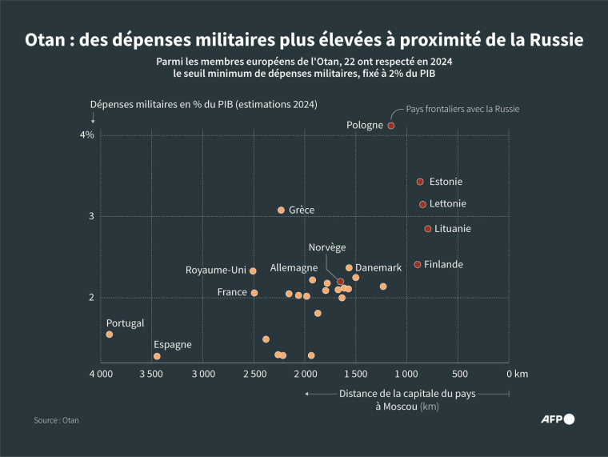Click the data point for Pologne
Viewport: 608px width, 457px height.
[x=391, y=126]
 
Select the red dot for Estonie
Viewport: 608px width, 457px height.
[x=420, y=182]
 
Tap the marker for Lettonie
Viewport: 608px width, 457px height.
[x=423, y=204]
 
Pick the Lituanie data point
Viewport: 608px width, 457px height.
[x=428, y=229]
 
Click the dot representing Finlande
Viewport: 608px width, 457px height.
[x=418, y=264]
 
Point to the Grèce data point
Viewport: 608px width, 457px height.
[x=281, y=210]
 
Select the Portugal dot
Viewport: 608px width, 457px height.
[x=110, y=334]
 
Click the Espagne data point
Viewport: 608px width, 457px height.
[x=157, y=356]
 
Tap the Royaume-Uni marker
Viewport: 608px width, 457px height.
[x=253, y=271]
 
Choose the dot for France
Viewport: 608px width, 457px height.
[x=254, y=293]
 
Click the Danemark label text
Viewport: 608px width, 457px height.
[x=378, y=267]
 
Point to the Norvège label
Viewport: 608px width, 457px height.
[x=327, y=247]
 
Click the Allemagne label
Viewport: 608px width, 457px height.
[x=294, y=267]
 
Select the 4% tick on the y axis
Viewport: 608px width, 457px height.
[x=86, y=135]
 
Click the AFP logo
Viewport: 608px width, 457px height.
[x=558, y=419]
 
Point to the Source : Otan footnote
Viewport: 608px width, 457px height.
[x=56, y=419]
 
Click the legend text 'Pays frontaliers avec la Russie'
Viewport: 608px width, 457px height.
[x=463, y=109]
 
